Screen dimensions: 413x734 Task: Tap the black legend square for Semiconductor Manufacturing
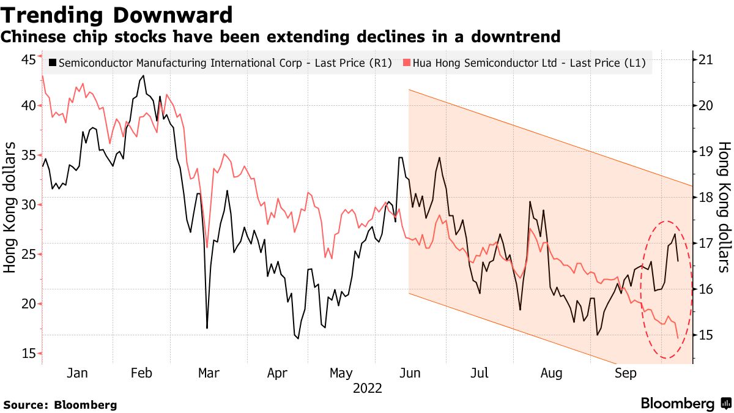click(x=53, y=63)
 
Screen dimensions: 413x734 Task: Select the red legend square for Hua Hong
click(x=407, y=63)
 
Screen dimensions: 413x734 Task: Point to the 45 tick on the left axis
click(x=28, y=59)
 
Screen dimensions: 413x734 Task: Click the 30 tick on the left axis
click(x=28, y=204)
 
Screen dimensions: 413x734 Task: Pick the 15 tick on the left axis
click(x=28, y=354)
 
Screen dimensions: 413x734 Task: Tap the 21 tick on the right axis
click(x=706, y=59)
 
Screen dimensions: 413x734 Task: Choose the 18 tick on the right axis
click(x=706, y=197)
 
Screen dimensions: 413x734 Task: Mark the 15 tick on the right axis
click(x=706, y=335)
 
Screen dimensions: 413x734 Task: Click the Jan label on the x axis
click(x=76, y=373)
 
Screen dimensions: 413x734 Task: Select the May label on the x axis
click(x=341, y=373)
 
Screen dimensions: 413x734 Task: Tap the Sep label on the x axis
click(x=626, y=373)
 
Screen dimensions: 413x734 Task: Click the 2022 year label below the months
click(x=367, y=389)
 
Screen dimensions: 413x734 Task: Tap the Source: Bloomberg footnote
click(x=60, y=404)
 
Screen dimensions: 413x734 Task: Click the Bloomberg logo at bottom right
click(x=686, y=403)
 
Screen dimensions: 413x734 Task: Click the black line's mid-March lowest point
click(x=207, y=328)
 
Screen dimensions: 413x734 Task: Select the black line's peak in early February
click(x=144, y=76)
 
